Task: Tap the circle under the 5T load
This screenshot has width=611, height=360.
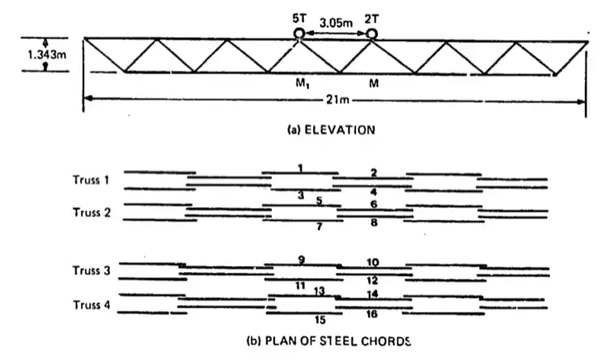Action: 299,34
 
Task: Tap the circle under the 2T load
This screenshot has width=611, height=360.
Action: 372,34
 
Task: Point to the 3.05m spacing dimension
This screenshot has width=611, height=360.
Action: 336,23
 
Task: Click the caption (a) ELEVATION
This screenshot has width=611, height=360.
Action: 331,130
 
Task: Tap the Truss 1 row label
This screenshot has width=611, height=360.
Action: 91,180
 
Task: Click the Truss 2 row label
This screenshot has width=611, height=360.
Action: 91,212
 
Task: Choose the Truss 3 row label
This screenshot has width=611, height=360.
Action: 91,271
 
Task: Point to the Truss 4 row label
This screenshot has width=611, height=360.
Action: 91,305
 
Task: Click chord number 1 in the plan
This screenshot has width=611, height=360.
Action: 301,168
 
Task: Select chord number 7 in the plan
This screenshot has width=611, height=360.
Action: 320,227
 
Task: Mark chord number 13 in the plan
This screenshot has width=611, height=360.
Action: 320,290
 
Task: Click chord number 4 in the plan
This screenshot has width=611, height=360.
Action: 373,192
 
